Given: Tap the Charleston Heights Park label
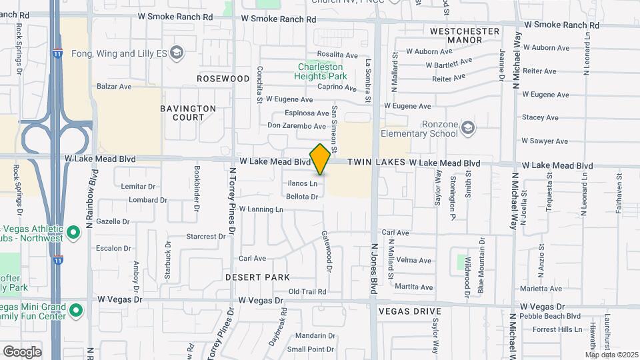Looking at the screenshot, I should coord(321,71).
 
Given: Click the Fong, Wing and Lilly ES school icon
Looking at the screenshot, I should coord(177,52).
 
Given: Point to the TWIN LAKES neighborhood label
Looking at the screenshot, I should coord(386,163).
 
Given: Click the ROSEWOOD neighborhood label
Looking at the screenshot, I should coord(223,79).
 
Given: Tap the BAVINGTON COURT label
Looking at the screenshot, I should coord(188,113).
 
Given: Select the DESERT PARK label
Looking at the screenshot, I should coord(257,277).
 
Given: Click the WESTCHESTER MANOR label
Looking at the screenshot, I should coord(465,35).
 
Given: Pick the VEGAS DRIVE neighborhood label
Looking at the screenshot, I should coord(409,311).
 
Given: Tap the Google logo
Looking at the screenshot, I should coord(22,351).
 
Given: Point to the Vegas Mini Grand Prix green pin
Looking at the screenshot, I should coord(76,310).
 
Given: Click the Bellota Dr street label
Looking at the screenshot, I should coord(302,197).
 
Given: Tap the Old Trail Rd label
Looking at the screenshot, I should coord(307,291).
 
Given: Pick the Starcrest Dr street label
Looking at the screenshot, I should coord(206,236).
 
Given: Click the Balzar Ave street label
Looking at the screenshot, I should coord(114,87).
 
